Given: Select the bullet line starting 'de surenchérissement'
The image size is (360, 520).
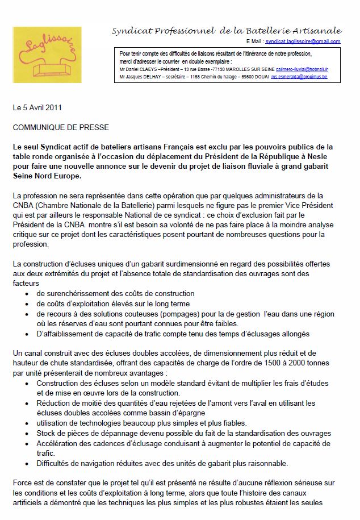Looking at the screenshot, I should click(115, 294).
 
